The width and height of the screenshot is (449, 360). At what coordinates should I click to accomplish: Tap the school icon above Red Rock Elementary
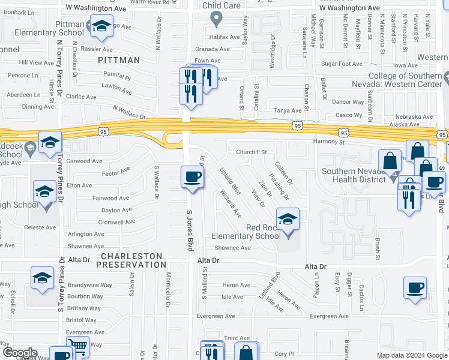(x=288, y=219)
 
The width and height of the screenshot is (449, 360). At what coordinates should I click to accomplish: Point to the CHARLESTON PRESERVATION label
(x=130, y=260)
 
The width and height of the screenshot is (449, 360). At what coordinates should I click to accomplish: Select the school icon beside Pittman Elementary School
(x=101, y=26)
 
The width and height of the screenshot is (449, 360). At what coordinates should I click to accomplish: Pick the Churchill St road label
(x=251, y=152)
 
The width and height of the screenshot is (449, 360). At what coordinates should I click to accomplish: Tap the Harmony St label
(x=329, y=143)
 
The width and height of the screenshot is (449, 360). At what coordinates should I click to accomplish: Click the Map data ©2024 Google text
(x=411, y=355)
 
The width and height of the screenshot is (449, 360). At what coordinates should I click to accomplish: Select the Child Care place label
(x=221, y=6)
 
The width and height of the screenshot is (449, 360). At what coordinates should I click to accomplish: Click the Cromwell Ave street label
(x=118, y=222)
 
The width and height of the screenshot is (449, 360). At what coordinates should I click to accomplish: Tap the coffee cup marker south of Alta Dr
(x=415, y=287)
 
